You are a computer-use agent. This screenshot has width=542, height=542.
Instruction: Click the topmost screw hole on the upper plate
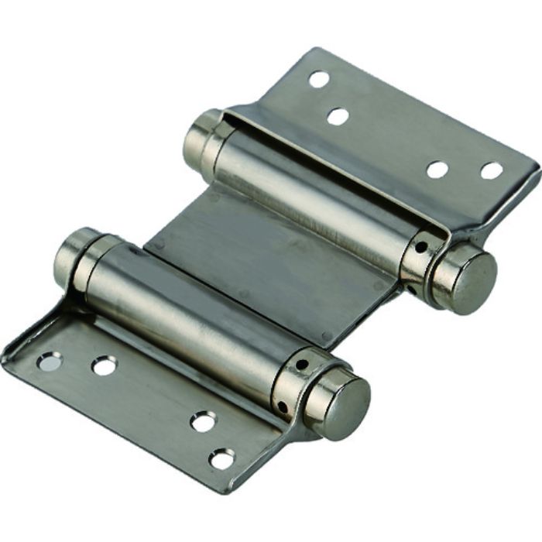pyautogui.click(x=318, y=78)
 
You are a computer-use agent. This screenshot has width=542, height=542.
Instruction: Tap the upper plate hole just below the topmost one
pyautogui.click(x=338, y=117)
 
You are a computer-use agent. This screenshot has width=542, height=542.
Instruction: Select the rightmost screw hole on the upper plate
pyautogui.click(x=492, y=170)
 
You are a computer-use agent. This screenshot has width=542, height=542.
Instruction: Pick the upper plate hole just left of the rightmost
pyautogui.click(x=437, y=169)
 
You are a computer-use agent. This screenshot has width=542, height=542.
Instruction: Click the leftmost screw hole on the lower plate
pyautogui.click(x=48, y=361)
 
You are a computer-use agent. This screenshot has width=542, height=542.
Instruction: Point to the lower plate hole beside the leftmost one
pyautogui.click(x=105, y=365)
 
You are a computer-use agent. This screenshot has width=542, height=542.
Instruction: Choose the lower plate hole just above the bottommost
pyautogui.click(x=204, y=422)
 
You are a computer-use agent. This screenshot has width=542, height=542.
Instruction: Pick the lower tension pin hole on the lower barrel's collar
pyautogui.click(x=283, y=406)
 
